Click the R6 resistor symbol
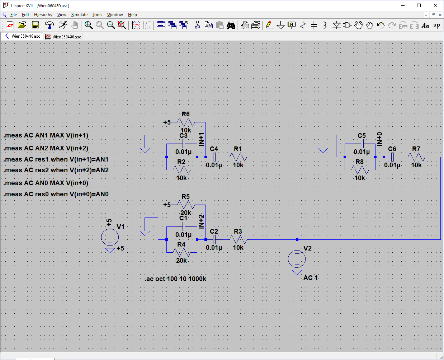coord(186,122)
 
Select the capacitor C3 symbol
coord(184,144)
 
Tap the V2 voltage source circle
coord(297,259)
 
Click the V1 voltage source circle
coord(110,237)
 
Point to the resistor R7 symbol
coord(416,157)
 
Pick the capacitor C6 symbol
coord(392,157)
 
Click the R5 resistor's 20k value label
coord(186,213)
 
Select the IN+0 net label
coord(379,139)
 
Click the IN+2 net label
coord(201,222)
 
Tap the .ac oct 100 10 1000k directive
coord(175,279)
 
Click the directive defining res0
coord(56,194)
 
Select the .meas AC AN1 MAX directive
coord(46,135)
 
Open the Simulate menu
coord(79,15)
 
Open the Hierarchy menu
coord(43,15)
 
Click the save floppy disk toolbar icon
coord(36,25)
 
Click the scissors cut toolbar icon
coord(197,25)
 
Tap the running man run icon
coord(63,25)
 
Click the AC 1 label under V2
coord(310,277)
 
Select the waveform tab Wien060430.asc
coord(63,37)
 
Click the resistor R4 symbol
coord(181,252)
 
